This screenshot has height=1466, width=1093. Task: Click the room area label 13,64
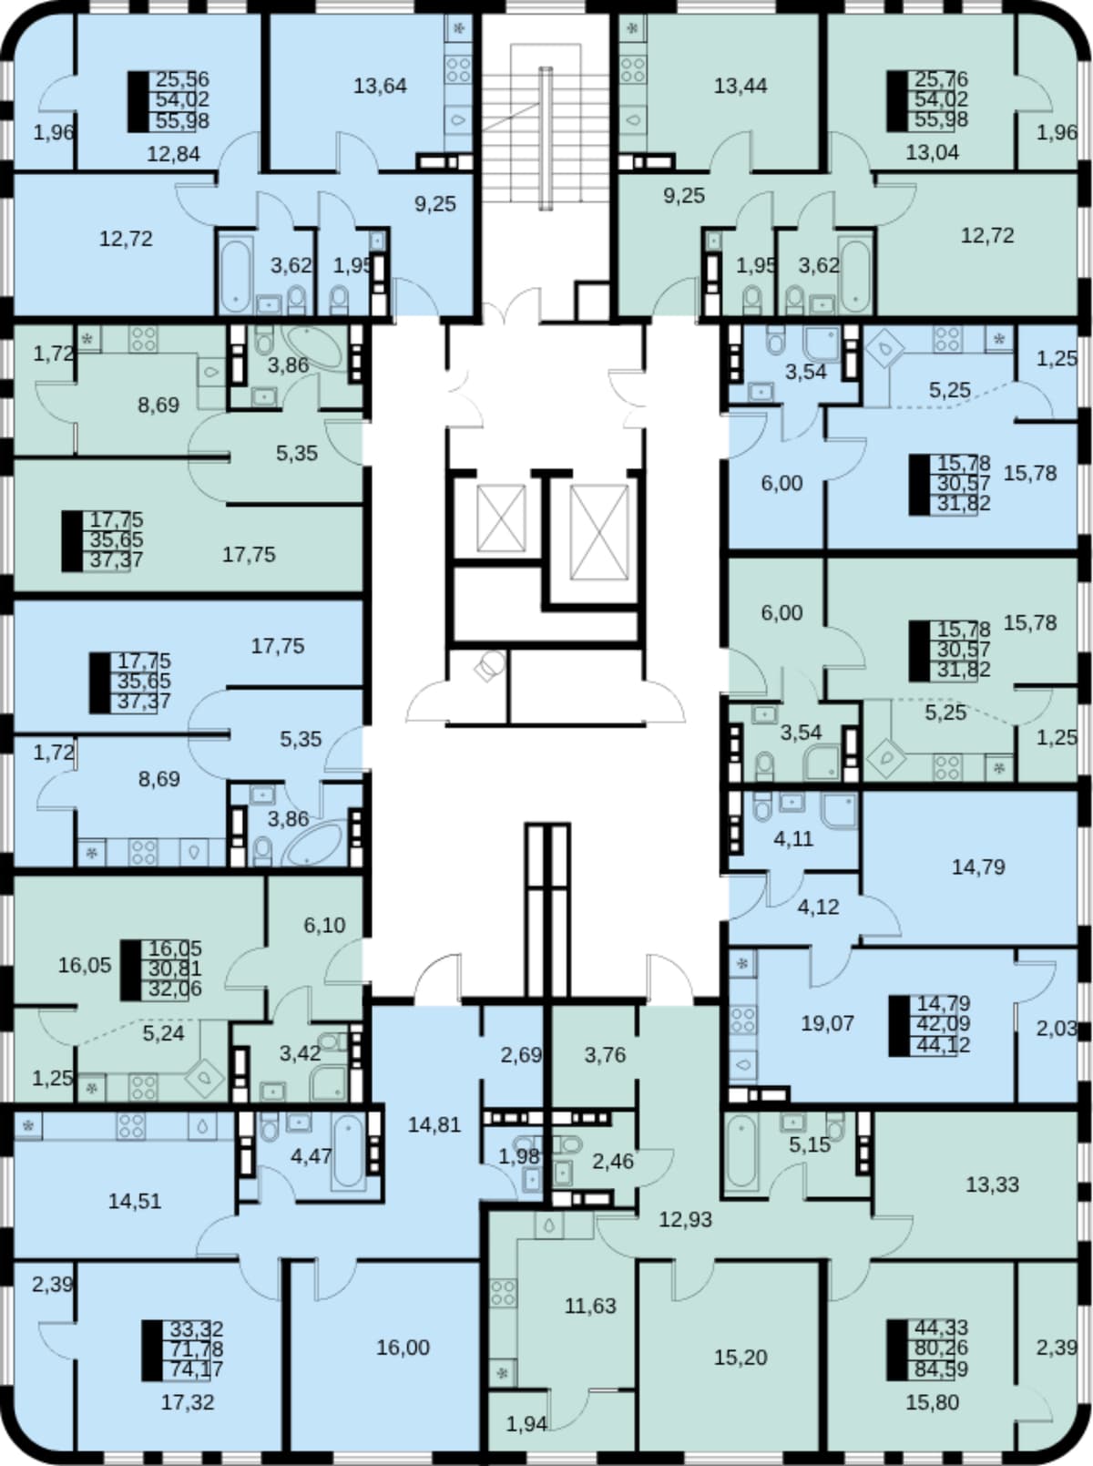380,87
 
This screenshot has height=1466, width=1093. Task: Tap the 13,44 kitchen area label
741,87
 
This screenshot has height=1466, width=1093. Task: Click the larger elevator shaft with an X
599,532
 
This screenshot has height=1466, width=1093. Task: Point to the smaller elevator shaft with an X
502,518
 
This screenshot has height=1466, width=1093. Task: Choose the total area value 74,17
197,1369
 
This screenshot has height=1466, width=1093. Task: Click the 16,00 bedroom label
403,1348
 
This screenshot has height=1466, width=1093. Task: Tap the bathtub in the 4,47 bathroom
348,1153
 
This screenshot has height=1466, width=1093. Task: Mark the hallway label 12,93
686,1220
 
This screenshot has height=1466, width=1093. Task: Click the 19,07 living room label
827,1022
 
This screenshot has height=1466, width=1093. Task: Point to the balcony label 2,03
1057,1029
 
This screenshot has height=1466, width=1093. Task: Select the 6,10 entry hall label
324,925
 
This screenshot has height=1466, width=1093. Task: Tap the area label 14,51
134,1202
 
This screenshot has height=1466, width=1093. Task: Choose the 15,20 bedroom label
741,1358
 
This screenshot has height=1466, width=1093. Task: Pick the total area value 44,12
945,1044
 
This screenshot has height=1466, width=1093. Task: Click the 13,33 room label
992,1184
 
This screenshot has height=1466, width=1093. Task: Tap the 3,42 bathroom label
300,1054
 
